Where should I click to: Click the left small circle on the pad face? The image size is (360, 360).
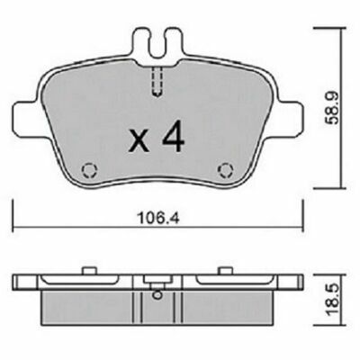click(x=88, y=168)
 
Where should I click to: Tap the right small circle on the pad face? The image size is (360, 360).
click(x=226, y=168)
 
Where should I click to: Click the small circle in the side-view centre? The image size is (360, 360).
click(x=157, y=291)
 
